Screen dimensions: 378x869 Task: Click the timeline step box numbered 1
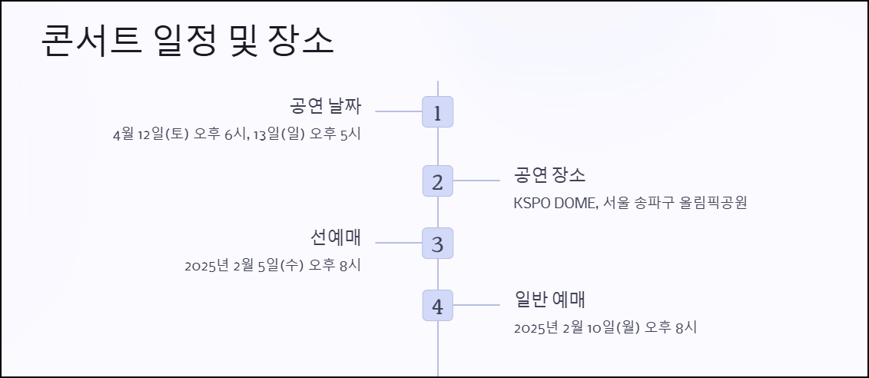point(437,112)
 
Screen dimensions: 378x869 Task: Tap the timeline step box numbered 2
point(437,181)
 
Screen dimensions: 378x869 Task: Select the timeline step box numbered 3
point(437,244)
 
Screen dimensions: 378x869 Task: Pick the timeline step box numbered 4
point(437,306)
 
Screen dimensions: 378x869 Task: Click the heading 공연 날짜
point(325,106)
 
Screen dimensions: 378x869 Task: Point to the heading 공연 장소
point(549,175)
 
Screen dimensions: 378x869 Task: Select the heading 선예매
point(336,237)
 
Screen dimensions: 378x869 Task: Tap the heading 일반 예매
point(550,300)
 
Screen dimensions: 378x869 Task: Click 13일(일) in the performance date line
point(278,134)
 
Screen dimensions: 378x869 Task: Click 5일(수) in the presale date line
point(281,266)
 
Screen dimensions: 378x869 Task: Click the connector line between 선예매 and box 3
point(398,243)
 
